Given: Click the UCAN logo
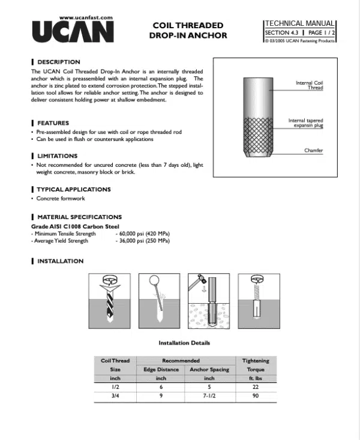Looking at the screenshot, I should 73,32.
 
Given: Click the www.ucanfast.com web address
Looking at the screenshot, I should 88,18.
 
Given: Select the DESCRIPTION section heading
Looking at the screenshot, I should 58,62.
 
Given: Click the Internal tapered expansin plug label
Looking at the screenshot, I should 305,123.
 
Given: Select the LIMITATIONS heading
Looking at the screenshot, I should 57,156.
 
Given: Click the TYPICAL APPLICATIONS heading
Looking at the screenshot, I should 74,189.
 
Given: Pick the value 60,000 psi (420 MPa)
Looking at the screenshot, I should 143,234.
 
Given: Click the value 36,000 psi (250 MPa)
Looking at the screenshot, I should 143,241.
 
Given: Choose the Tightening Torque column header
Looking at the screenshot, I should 256,365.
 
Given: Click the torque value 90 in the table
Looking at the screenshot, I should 256,396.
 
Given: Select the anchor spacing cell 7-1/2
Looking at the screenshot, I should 209,396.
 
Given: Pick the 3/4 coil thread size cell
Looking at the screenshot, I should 115,396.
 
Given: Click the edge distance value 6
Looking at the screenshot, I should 161,387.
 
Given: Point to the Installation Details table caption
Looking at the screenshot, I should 184,343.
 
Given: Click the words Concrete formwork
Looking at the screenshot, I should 61,198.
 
